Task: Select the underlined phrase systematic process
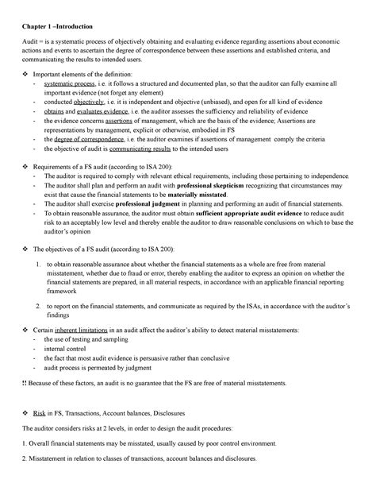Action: pos(70,83)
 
